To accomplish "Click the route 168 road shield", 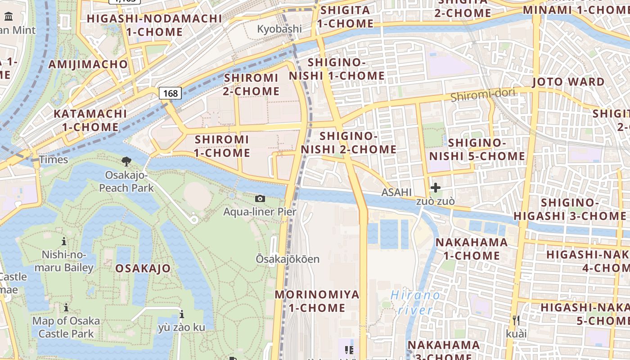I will pos(170,93).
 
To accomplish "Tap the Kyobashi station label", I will pos(279,29).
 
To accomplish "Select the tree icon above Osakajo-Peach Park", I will pos(126,161).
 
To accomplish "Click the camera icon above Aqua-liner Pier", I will pos(260,198).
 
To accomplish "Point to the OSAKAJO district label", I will pos(143,269).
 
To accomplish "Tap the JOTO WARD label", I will pos(568,82).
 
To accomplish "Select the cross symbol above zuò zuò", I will pos(435,188).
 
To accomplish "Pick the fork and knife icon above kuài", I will pos(516,320).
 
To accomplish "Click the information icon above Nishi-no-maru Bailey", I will pos(64,241).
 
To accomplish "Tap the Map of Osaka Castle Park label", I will pos(66,327).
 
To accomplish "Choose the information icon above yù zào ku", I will pos(181,314).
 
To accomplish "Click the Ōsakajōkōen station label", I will pos(288,259).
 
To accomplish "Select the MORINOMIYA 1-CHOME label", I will pos(317,301).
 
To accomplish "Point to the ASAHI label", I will pos(396,193).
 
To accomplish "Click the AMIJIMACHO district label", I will pos(88,64).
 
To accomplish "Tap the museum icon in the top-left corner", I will pos(8,17).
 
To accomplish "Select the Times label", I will pos(54,160).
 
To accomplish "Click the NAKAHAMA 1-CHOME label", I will pos(471,249).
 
